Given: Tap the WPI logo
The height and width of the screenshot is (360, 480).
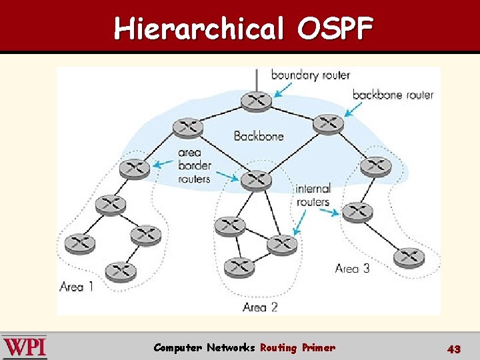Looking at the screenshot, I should [25, 347].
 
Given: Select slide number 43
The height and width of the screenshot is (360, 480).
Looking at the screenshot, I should [454, 349].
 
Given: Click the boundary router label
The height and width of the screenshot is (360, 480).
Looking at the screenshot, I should [310, 75].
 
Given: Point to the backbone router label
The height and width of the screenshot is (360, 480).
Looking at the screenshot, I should [393, 95].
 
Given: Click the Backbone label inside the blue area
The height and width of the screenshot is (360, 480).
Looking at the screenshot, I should [259, 136].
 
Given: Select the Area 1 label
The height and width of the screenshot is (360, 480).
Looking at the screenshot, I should [76, 287].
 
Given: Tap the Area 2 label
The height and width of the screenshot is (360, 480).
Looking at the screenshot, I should [260, 307].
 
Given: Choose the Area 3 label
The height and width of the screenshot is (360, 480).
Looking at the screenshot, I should [352, 268].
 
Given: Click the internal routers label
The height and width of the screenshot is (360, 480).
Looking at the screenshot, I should [313, 195].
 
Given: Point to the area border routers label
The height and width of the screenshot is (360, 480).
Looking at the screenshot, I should [194, 166].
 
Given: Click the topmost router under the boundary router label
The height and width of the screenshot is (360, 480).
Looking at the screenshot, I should [255, 101].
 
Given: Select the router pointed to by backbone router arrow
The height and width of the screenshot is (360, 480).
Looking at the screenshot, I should [328, 123].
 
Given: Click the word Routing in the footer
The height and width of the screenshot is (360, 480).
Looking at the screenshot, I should [278, 347].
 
